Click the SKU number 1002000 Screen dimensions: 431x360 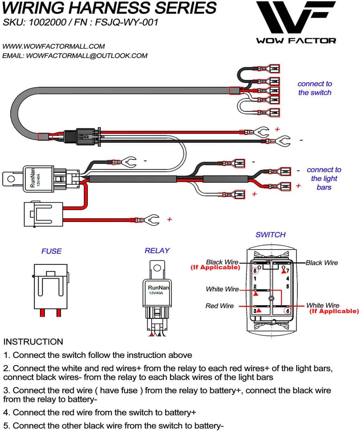pos(47,22)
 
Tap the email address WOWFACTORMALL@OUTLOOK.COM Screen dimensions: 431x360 pos(86,56)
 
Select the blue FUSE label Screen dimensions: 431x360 pos(51,251)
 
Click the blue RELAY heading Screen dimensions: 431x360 pos(157,251)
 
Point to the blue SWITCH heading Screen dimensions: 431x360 pos(270,235)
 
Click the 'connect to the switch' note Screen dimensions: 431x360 pos(315,88)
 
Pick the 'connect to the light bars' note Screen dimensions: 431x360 pos(324,178)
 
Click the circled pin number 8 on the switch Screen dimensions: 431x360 pos(255,271)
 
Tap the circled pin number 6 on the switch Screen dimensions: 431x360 pos(287,311)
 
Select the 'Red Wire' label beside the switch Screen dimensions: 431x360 pos(219,306)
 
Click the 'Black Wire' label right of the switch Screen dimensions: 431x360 pos(322,263)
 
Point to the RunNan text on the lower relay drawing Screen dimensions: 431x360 pos(158,287)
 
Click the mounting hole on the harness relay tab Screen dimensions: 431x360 pos(11,179)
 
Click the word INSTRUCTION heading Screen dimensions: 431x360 pos(33,342)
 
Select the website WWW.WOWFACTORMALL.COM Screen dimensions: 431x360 pos(53,46)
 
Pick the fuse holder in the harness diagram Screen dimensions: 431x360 pos(43,214)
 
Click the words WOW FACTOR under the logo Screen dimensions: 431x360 pos(296,41)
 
